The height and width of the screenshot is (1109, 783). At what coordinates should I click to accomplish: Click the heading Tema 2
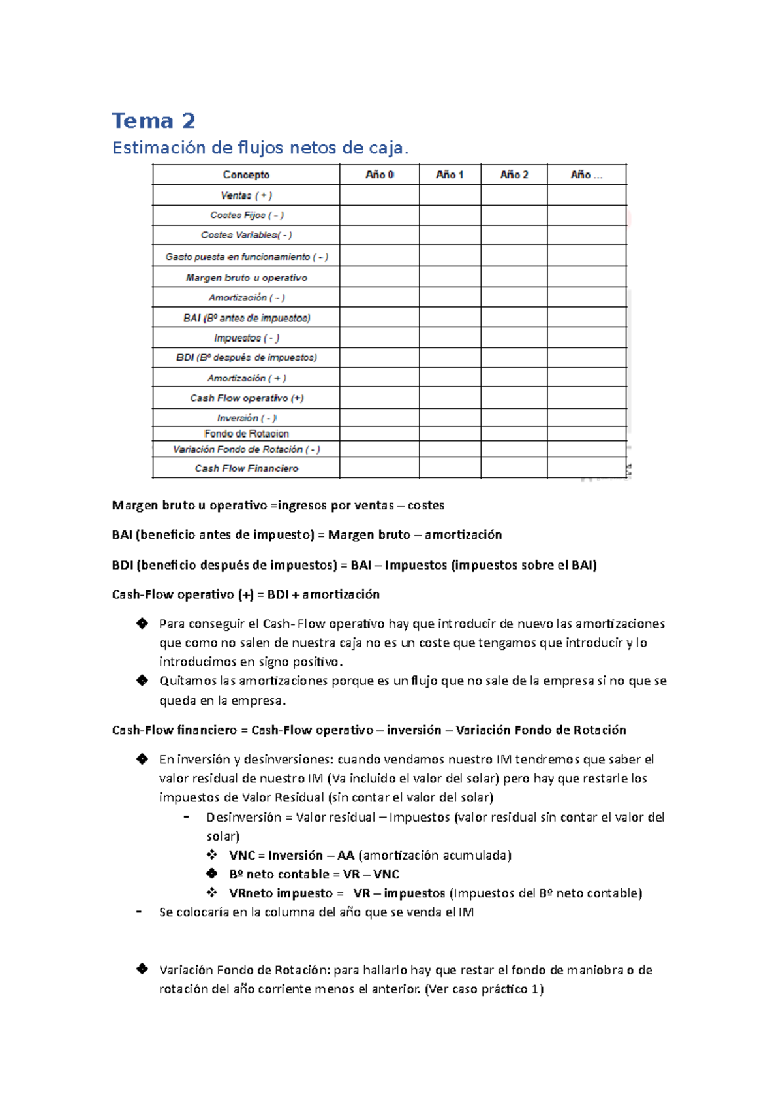coord(153,121)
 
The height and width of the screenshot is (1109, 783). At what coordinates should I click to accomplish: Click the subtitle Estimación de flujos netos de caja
coord(260,148)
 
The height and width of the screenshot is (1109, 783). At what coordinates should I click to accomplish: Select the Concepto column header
coord(246,174)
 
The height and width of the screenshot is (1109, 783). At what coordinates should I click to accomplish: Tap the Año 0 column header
coord(379,174)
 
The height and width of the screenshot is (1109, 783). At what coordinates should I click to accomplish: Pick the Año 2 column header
coord(514,174)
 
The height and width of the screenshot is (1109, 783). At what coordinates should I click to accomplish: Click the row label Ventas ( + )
coord(246,195)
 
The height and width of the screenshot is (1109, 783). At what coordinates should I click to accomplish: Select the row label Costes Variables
coord(246,235)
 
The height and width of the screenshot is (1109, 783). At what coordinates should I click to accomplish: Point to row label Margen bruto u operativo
coord(246,278)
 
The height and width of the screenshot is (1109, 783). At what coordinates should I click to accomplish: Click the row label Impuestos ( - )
coord(246,338)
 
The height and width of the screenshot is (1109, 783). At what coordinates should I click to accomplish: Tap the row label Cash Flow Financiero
coord(246,468)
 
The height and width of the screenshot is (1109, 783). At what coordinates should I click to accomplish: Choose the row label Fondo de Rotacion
coord(246,434)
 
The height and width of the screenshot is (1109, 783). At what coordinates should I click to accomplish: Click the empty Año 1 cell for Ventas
coord(450,195)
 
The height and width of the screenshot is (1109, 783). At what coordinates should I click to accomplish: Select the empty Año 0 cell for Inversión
coord(379,418)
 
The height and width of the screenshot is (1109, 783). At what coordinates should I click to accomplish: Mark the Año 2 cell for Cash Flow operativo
coord(514,398)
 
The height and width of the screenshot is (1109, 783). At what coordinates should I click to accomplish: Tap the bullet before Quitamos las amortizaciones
coord(142,681)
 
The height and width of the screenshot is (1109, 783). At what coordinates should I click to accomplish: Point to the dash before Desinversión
coord(187,817)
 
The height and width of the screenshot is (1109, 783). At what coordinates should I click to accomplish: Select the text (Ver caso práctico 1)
coord(484,989)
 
